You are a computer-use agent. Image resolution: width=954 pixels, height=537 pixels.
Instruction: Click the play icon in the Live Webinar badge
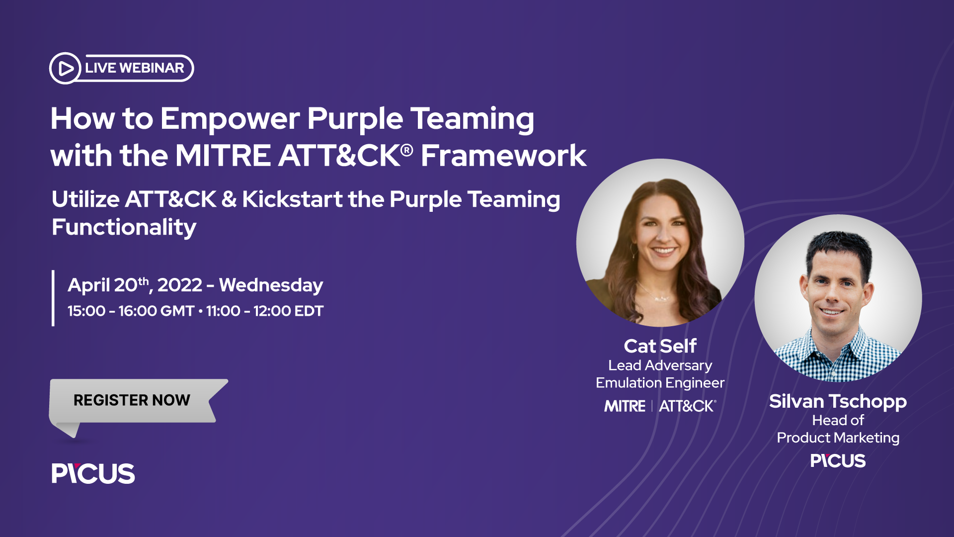coord(65,68)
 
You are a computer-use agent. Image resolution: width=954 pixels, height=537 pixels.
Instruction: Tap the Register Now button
coord(132,400)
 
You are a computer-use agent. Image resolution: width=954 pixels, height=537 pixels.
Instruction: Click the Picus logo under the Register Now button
coord(93,473)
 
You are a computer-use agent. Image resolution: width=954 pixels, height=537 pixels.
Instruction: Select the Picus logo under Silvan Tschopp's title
coord(838,461)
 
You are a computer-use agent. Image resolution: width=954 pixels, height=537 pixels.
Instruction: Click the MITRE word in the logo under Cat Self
coord(625,406)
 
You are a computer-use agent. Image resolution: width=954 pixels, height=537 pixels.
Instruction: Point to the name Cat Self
coord(660,346)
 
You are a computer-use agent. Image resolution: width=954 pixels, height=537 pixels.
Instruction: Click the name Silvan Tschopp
coord(838,401)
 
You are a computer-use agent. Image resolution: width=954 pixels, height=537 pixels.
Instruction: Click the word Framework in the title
coord(503,156)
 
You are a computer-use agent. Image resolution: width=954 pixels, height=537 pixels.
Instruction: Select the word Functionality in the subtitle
coord(124,227)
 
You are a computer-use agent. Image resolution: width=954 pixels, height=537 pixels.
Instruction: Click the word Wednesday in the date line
coord(271,285)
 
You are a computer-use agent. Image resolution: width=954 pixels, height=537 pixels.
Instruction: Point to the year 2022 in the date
coord(180,285)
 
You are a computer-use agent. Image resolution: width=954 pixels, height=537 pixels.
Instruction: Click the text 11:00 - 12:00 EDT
coord(264,311)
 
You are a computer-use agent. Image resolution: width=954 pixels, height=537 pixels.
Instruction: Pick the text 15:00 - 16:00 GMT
coord(131,311)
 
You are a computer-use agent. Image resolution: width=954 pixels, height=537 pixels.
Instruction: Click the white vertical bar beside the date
coord(53,298)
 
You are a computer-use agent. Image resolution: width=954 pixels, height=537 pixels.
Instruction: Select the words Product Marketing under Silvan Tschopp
coord(838,438)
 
